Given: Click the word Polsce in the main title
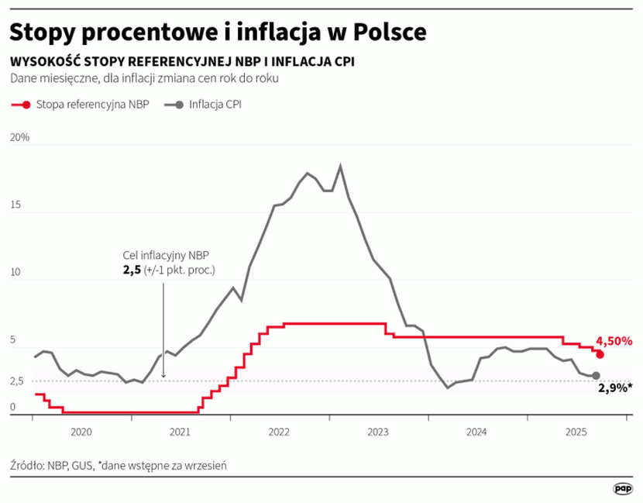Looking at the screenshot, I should (390, 31).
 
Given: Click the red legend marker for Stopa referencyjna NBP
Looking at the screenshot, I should (26, 105).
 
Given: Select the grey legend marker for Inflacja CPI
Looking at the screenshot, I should (179, 105).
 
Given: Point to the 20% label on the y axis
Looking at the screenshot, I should (19, 137).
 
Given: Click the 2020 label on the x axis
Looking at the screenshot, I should (81, 432).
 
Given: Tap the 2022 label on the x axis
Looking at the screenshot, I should (279, 432).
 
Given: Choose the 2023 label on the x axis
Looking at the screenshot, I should (378, 432).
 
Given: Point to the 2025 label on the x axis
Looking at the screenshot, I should (576, 432).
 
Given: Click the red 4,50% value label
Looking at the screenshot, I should (614, 340).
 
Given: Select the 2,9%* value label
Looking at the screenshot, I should (615, 388).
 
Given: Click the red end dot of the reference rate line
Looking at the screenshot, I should (600, 354).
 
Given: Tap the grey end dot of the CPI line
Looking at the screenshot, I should (596, 376).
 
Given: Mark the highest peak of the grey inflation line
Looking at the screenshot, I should (340, 166).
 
